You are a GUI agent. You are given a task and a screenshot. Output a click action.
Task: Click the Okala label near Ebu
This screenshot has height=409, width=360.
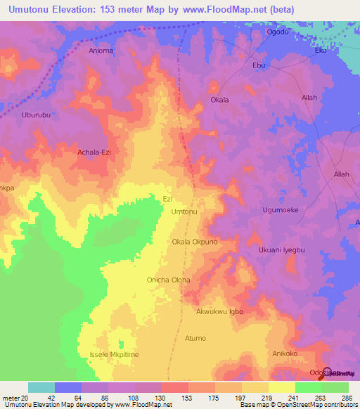point(220,100)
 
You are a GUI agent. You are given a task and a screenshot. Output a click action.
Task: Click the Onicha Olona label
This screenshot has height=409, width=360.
point(169,280)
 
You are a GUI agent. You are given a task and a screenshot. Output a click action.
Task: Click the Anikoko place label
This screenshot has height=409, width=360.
point(285,353)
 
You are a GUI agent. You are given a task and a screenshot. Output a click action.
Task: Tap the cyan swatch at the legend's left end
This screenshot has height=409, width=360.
point(41,387)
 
